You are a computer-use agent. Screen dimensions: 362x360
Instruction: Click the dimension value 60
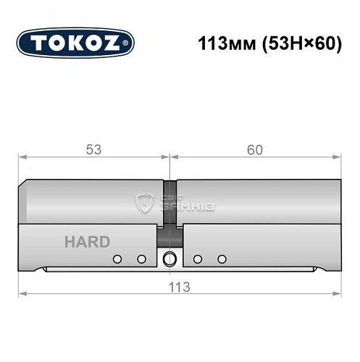pyautogui.click(x=254, y=150)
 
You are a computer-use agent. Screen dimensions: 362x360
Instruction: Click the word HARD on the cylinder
pyautogui.click(x=86, y=242)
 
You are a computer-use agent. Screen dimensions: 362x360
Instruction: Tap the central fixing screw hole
pyautogui.click(x=170, y=258)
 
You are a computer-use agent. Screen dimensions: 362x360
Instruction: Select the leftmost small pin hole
pyautogui.click(x=116, y=258)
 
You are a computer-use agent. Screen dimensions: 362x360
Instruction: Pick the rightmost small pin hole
pyautogui.click(x=222, y=258)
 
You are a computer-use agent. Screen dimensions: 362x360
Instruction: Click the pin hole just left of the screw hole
pyautogui.click(x=142, y=258)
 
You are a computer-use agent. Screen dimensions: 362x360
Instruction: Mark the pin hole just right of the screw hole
pyautogui.click(x=197, y=258)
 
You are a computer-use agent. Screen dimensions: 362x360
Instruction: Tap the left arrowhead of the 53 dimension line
pyautogui.click(x=22, y=156)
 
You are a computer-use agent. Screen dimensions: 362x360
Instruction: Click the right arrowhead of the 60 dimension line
pyautogui.click(x=338, y=156)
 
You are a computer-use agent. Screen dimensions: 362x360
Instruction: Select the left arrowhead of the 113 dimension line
pyautogui.click(x=22, y=293)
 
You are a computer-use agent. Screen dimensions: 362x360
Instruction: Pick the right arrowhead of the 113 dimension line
pyautogui.click(x=338, y=293)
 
